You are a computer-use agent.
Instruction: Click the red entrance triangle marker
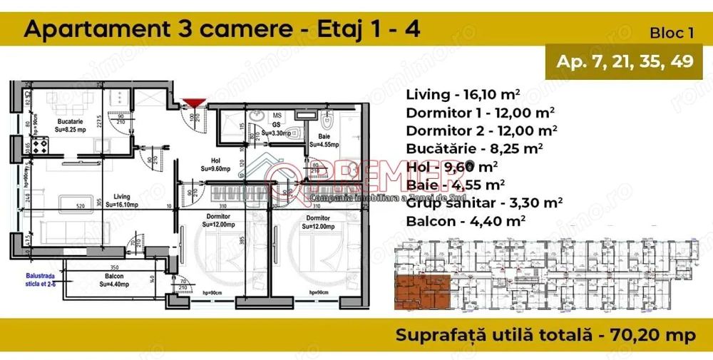(193, 104)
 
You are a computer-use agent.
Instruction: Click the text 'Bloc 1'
(672, 33)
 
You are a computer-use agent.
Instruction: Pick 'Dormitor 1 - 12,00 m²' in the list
(481, 113)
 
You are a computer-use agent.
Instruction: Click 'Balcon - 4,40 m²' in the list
(466, 221)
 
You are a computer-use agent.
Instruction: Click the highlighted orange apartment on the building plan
(421, 291)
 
